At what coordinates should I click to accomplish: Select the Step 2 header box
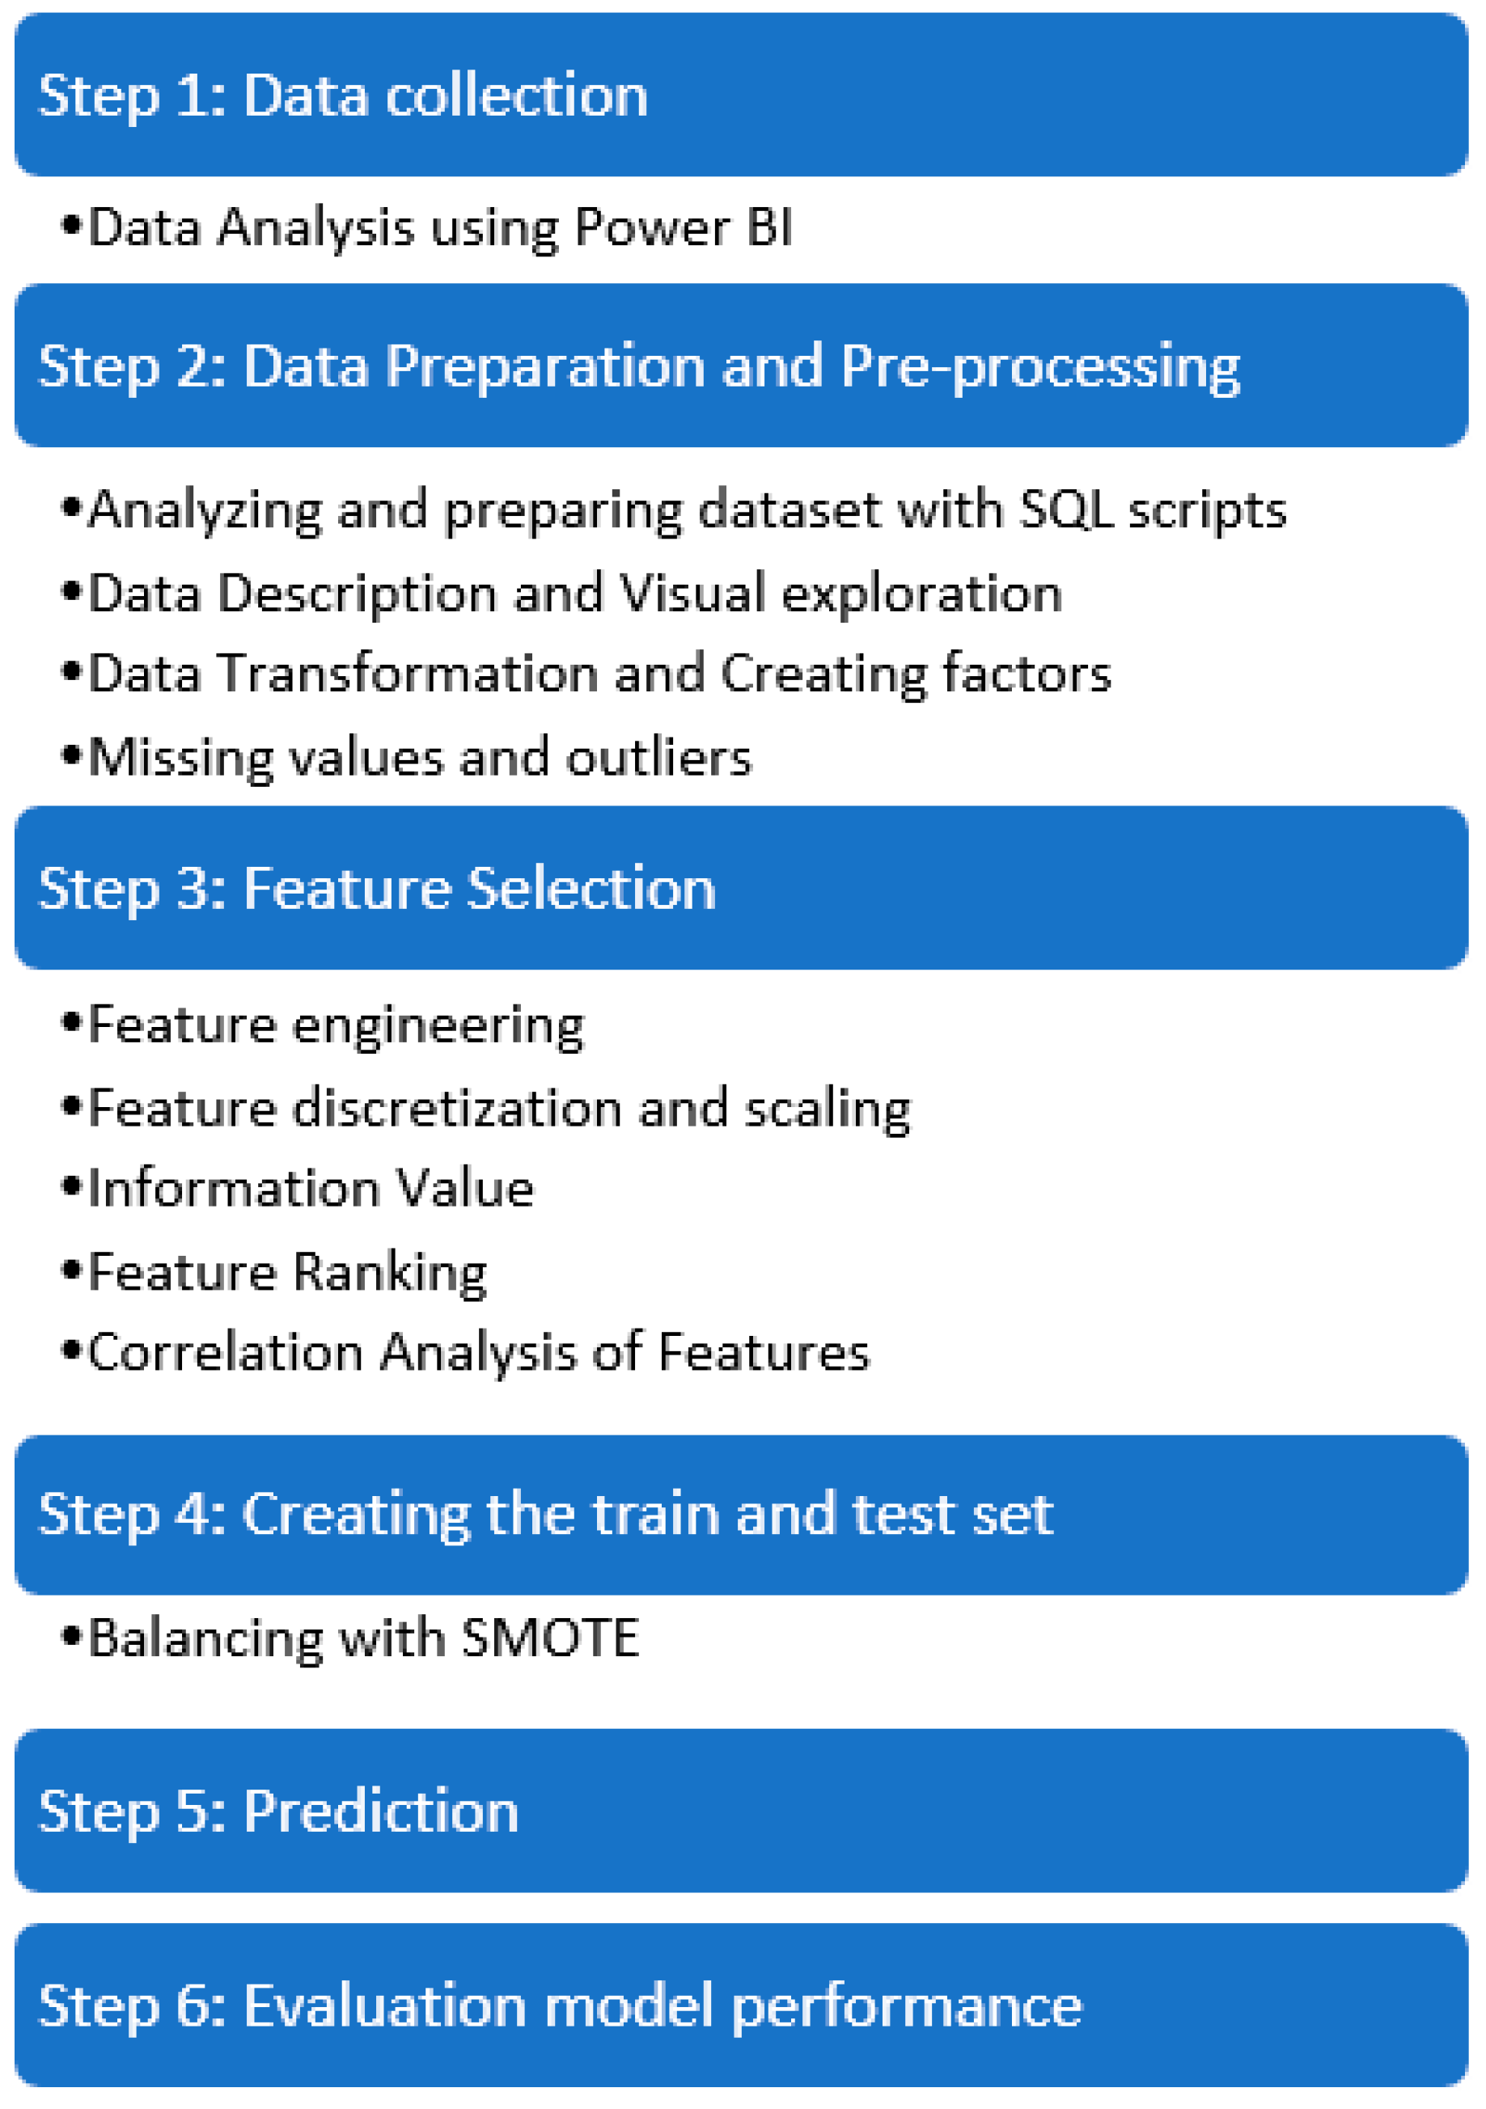[x=741, y=366]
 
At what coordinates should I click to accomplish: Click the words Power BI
[x=683, y=227]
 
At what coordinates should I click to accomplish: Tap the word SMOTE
[x=549, y=1638]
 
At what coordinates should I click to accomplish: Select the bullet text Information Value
[x=311, y=1189]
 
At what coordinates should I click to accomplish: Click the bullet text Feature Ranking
[x=286, y=1272]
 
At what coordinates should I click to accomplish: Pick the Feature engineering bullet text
[x=336, y=1025]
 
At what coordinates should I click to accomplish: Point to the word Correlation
[x=225, y=1353]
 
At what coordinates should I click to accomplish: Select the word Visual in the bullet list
[x=692, y=594]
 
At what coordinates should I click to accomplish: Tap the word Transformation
[x=408, y=674]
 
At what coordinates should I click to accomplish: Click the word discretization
[x=458, y=1108]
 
